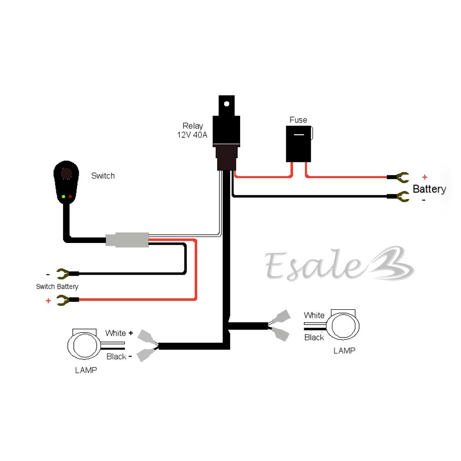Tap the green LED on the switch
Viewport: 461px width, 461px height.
click(x=63, y=197)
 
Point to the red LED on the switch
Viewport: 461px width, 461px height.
click(x=71, y=197)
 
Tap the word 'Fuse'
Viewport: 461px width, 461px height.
click(x=298, y=120)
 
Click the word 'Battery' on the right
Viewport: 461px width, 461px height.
click(x=429, y=189)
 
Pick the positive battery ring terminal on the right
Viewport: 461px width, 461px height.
click(x=399, y=177)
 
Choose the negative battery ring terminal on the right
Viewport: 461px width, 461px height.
click(x=399, y=197)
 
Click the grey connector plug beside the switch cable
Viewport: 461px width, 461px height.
click(x=127, y=241)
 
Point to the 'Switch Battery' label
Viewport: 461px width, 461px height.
click(x=57, y=286)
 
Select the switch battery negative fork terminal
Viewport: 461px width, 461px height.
click(x=64, y=275)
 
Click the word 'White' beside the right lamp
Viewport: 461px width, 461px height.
click(x=314, y=315)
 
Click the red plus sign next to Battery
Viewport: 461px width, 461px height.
click(x=425, y=177)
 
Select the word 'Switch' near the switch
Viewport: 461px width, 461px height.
click(x=103, y=176)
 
